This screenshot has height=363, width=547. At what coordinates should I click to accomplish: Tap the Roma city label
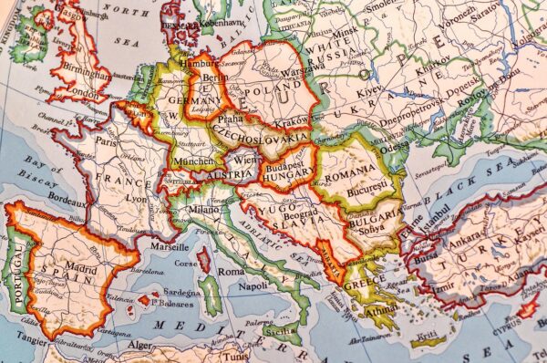[232, 272]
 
